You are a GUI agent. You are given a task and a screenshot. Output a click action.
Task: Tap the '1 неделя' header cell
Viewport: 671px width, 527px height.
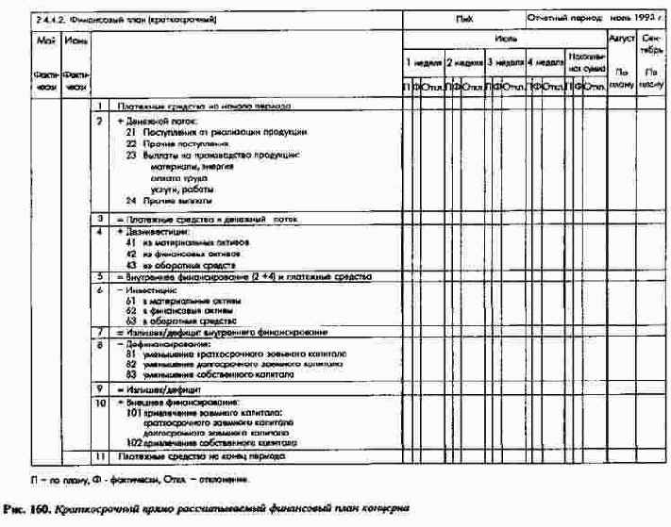(x=422, y=62)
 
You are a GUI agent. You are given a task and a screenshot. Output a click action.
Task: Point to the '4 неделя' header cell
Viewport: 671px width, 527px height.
(x=545, y=62)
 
